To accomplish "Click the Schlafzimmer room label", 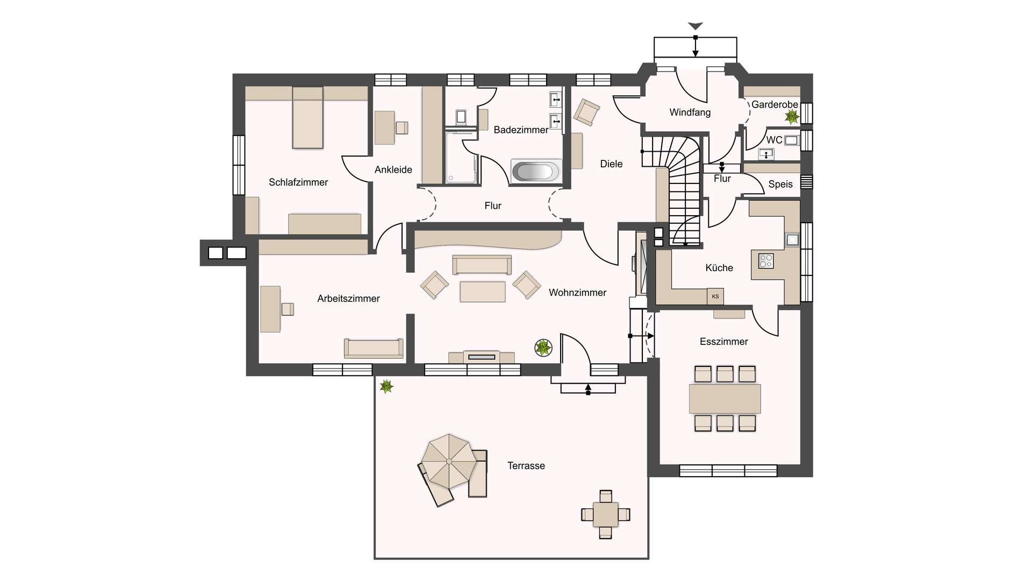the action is (298, 182).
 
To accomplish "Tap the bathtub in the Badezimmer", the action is (535, 172).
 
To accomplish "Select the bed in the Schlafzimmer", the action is (308, 118).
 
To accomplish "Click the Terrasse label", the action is (526, 466).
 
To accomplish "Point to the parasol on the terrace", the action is (448, 462).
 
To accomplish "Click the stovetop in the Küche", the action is (766, 261).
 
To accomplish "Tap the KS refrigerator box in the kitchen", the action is (715, 296).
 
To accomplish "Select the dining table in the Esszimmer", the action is (725, 399).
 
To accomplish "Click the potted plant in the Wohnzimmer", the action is (543, 348).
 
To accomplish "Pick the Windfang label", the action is (690, 112).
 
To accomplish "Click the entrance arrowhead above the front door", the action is (696, 26).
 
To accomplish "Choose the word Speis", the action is (780, 184).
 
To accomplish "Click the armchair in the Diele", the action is (586, 112).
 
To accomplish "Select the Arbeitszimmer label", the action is (348, 299).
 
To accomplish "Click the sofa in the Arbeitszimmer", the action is (374, 348).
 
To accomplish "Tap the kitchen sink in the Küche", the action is (792, 239).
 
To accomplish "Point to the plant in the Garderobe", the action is (792, 116).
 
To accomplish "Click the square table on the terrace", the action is (606, 514).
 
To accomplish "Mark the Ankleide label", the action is (393, 170).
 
